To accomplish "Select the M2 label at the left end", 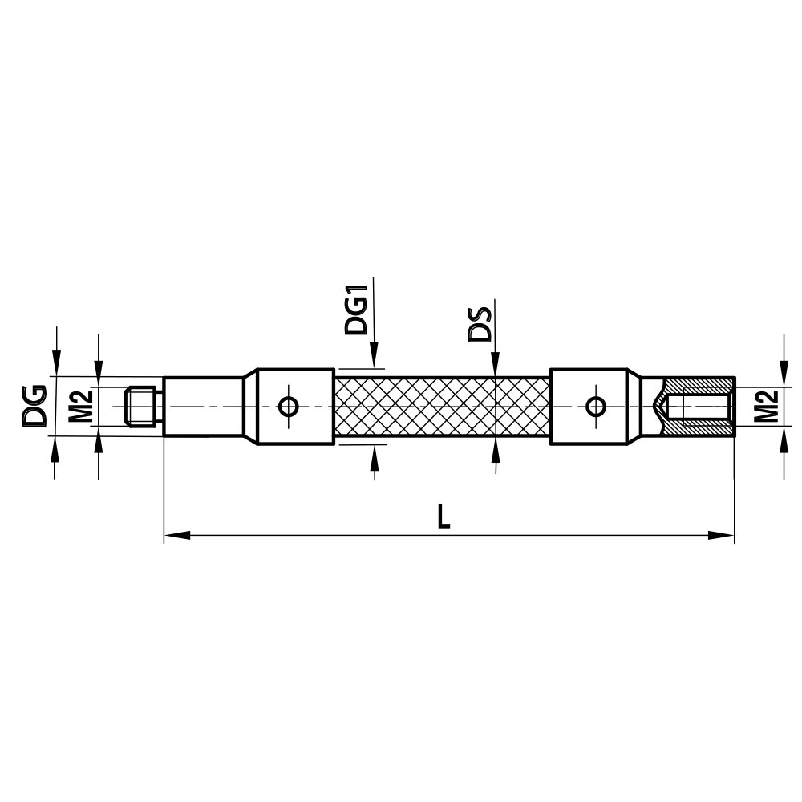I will click(79, 406).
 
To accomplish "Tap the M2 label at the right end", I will click(768, 406).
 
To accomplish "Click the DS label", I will click(480, 323).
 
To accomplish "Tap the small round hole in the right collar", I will click(595, 406).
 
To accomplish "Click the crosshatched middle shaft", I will click(441, 406).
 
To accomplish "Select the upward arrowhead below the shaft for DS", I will click(496, 449).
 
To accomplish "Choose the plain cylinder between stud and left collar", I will click(204, 406).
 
